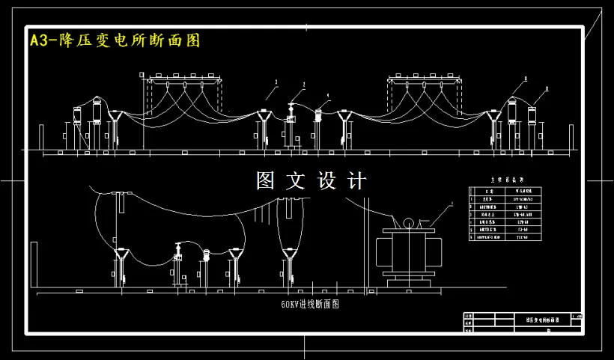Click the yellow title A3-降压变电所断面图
(115, 40)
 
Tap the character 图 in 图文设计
(267, 181)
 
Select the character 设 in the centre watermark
(329, 181)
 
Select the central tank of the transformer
(410, 251)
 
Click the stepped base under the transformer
(410, 281)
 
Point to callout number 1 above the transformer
(452, 204)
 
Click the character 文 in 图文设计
(298, 181)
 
